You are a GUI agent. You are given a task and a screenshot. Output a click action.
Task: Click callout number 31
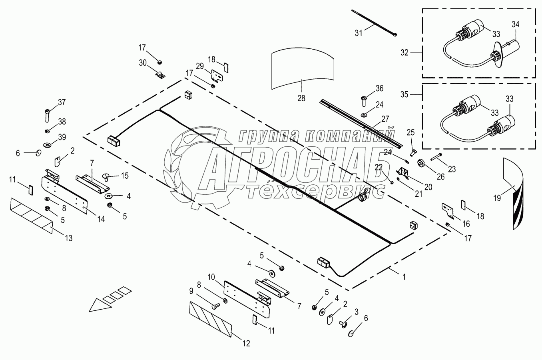(358, 33)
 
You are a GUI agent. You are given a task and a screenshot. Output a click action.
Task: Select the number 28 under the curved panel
(301, 98)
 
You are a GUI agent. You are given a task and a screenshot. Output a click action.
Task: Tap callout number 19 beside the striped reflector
(496, 197)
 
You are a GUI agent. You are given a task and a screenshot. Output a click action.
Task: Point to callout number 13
(69, 238)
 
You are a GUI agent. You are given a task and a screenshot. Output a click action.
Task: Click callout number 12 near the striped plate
(246, 343)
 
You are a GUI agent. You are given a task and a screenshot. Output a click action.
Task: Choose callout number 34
(515, 24)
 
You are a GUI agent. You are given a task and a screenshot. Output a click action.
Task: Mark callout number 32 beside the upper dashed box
(405, 52)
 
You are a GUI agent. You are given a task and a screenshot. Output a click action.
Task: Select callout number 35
(405, 94)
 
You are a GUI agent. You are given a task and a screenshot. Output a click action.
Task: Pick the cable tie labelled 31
(375, 24)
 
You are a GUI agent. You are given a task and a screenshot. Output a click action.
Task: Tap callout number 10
(211, 277)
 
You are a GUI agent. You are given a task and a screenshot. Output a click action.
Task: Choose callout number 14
(101, 219)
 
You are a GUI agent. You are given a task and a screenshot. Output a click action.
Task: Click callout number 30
(143, 62)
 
